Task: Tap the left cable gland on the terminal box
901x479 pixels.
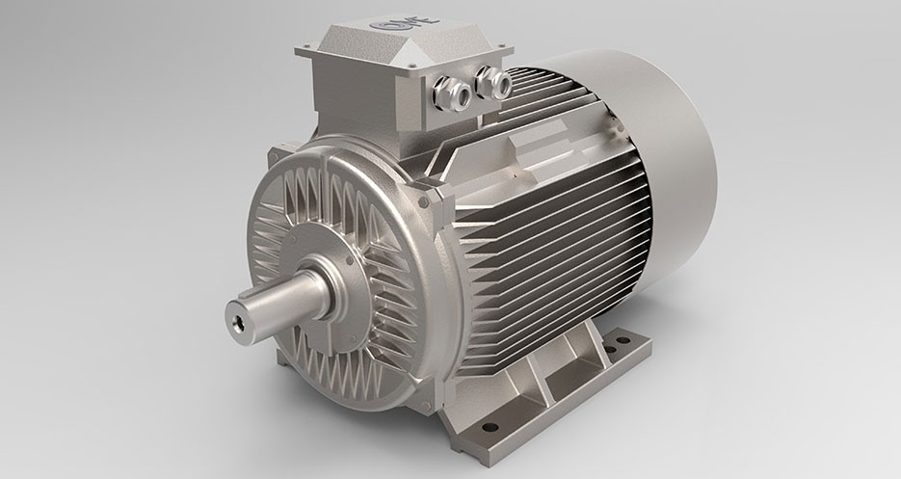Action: click(x=452, y=93)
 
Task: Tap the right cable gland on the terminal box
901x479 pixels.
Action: click(x=493, y=83)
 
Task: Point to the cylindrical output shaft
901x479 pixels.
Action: click(x=279, y=298)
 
